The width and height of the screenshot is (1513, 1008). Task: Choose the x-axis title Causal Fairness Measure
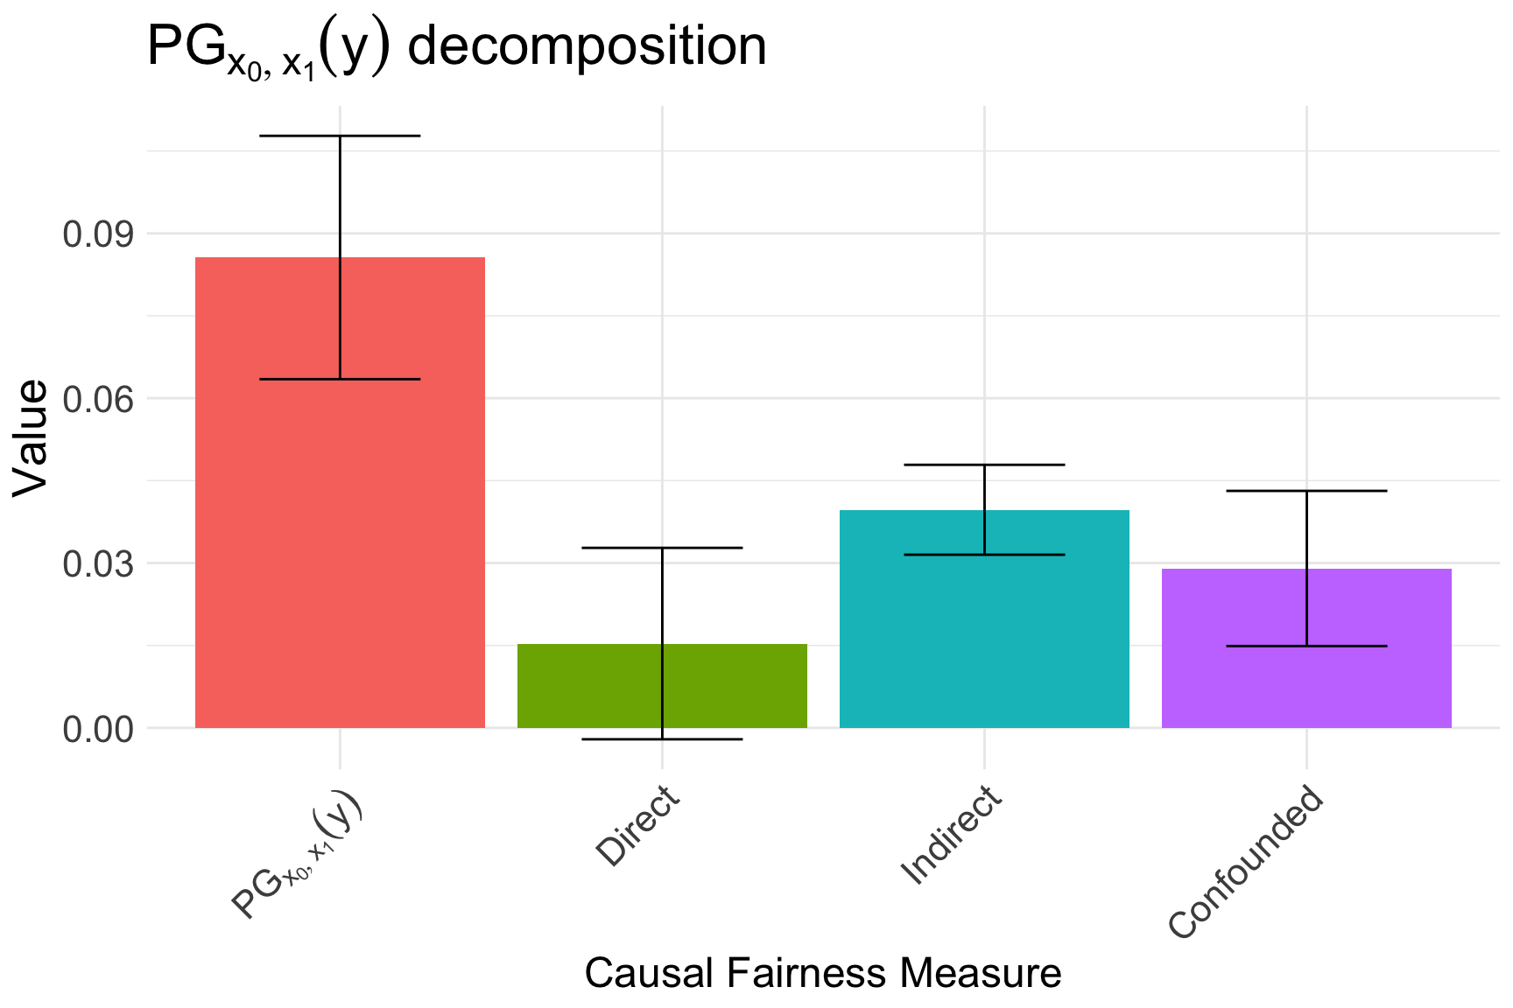tap(823, 973)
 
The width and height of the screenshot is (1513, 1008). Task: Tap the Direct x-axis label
tap(637, 827)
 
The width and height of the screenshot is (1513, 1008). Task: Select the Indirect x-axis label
tap(951, 835)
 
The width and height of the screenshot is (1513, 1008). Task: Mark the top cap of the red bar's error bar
tap(340, 136)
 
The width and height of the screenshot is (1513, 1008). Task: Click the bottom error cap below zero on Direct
tap(662, 739)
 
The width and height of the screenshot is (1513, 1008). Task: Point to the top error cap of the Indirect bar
tap(984, 465)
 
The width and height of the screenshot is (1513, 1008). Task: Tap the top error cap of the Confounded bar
tap(1306, 491)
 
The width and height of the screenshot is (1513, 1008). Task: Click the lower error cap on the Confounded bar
tap(1306, 646)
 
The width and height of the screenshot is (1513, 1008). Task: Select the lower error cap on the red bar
tap(340, 379)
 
